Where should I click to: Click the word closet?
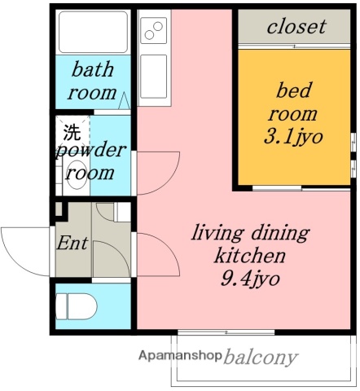296,26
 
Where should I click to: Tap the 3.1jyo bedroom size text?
293,137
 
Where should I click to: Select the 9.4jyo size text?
250,278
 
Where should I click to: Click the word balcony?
261,357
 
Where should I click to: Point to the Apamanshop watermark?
180,355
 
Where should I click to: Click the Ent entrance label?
72,243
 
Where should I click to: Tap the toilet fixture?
76,306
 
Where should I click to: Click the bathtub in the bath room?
93,32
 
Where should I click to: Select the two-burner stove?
154,30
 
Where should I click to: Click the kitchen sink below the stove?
154,76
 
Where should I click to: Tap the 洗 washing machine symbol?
72,132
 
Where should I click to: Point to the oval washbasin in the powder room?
76,175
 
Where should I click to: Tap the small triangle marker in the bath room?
125,101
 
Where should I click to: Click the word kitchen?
250,255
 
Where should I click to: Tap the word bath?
93,69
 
